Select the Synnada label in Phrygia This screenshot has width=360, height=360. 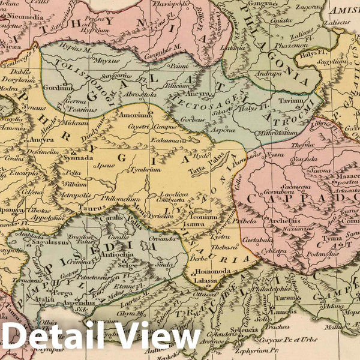click(79, 158)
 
